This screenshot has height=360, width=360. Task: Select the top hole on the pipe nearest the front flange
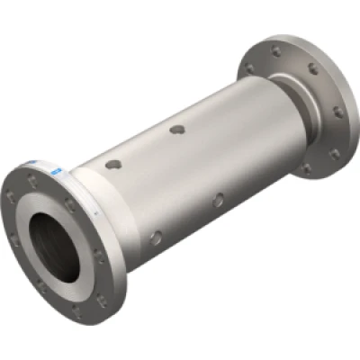113,165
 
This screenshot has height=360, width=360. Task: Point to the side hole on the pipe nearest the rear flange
217,201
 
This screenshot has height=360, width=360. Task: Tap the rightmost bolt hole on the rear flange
337,112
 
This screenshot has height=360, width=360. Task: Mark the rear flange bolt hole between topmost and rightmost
312,68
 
